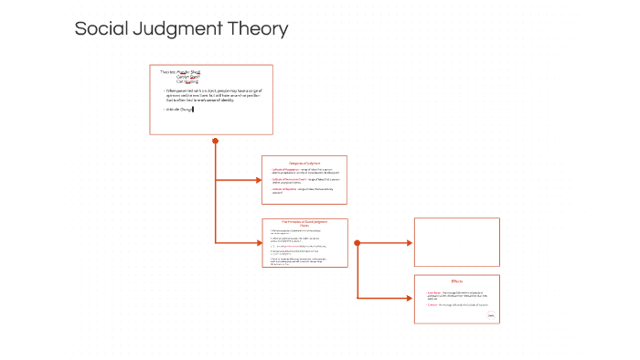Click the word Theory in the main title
tap(262, 29)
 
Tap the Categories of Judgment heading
tap(304, 163)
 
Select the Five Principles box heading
tap(304, 223)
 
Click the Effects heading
tap(457, 281)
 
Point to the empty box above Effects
tap(457, 241)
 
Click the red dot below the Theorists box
tap(216, 141)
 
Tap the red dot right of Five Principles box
tap(357, 243)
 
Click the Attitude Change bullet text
tap(179, 109)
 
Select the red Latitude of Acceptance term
tap(284, 170)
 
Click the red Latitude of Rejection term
tap(283, 189)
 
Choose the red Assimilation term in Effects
tap(434, 292)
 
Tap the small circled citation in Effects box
tap(491, 315)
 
